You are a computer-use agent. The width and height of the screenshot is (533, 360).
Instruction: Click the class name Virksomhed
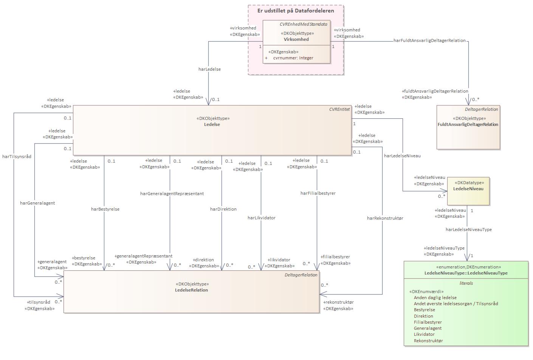click(x=296, y=39)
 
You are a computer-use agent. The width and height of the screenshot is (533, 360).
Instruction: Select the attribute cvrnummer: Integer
click(x=293, y=58)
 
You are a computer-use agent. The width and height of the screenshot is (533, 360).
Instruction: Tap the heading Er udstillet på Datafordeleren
click(x=296, y=11)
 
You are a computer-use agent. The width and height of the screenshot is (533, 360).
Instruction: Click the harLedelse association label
click(x=210, y=69)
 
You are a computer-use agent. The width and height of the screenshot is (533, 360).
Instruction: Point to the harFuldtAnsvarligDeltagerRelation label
click(x=429, y=40)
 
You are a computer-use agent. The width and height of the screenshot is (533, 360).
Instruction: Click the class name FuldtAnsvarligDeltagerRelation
click(x=468, y=124)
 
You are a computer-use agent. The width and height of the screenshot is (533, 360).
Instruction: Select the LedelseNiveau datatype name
click(x=468, y=189)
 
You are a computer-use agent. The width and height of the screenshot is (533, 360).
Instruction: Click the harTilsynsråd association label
click(x=17, y=157)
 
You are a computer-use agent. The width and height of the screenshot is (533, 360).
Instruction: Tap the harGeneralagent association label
click(x=37, y=203)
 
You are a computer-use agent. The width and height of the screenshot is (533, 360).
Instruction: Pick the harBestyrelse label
click(x=105, y=209)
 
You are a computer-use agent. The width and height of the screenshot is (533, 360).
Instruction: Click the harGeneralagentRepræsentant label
click(x=172, y=194)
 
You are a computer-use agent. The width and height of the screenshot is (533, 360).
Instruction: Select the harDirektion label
click(x=223, y=209)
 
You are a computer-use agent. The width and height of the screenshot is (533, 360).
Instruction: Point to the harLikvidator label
click(x=262, y=218)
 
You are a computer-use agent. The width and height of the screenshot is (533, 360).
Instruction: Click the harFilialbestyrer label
click(x=318, y=193)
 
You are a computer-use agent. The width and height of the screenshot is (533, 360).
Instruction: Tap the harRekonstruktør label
click(x=385, y=218)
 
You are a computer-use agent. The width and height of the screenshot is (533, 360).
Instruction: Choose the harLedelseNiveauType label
click(x=468, y=230)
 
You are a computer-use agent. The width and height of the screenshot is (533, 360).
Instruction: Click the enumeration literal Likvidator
click(x=424, y=334)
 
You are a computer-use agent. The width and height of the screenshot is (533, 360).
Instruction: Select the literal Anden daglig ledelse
click(x=435, y=298)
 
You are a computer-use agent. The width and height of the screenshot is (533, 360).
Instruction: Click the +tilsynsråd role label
click(x=38, y=302)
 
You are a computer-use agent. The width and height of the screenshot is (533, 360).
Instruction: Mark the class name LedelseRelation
click(x=191, y=290)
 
